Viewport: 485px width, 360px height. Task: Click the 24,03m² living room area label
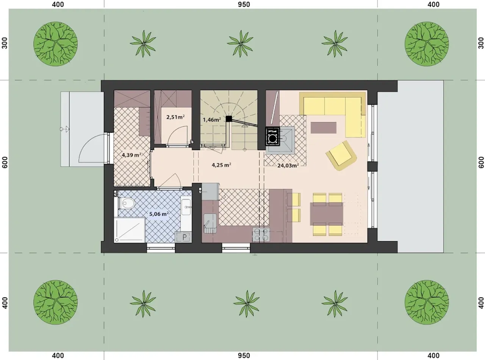click(x=288, y=165)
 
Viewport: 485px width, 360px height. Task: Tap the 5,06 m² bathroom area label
click(x=159, y=214)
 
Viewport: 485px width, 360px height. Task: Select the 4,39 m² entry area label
click(x=131, y=155)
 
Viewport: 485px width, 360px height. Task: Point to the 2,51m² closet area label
click(x=175, y=117)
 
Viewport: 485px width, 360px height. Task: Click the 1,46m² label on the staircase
click(x=212, y=120)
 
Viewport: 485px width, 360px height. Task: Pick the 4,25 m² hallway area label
click(x=222, y=165)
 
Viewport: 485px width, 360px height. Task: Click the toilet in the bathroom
click(x=127, y=204)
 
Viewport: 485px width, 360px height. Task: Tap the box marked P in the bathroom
click(x=183, y=237)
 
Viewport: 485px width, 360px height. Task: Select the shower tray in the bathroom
click(x=130, y=230)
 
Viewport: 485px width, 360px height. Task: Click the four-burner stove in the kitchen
click(x=261, y=235)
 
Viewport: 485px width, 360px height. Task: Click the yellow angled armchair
click(x=341, y=155)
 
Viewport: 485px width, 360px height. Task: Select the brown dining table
click(x=326, y=214)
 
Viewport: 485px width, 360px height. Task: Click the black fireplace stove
click(x=273, y=136)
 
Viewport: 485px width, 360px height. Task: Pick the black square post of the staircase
click(x=229, y=119)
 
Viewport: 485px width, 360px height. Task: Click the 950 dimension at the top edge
click(x=244, y=5)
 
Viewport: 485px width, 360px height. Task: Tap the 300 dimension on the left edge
click(x=5, y=43)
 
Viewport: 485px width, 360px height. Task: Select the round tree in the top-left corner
click(x=55, y=44)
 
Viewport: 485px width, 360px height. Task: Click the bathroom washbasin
click(x=186, y=207)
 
